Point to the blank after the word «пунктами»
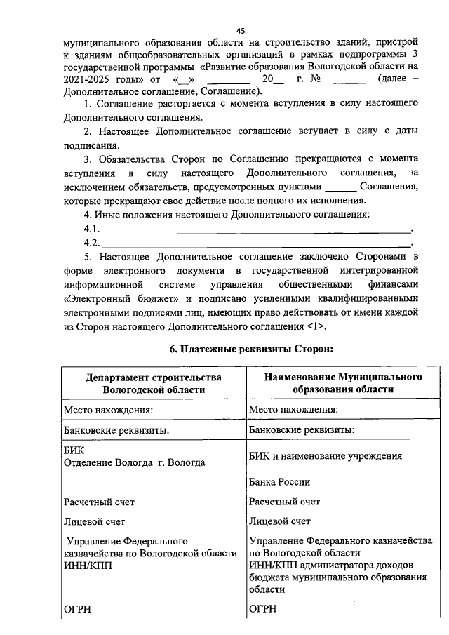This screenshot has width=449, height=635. click(342, 187)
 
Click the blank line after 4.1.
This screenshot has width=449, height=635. click(257, 229)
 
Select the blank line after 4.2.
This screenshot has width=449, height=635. click(257, 243)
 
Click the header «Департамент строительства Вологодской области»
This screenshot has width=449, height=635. click(154, 383)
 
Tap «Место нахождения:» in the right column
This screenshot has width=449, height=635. click(294, 409)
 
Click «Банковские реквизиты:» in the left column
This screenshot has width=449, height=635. click(117, 429)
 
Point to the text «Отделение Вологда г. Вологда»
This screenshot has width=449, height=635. click(134, 463)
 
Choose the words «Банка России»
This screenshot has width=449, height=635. click(279, 483)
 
